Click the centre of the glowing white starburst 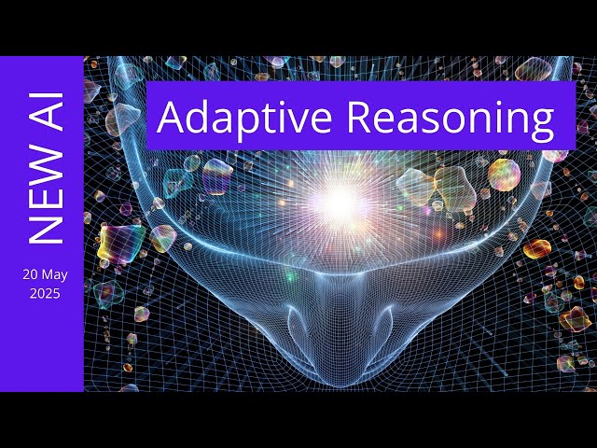[x=341, y=198]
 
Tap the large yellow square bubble [x=120, y=242]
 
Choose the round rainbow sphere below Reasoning [x=504, y=174]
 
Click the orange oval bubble [x=537, y=249]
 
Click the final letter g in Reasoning [x=540, y=121]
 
